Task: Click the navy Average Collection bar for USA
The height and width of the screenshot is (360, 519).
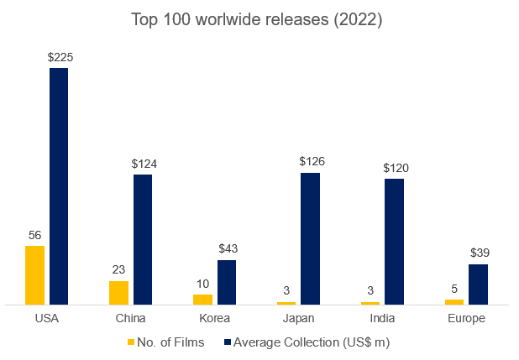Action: pyautogui.click(x=59, y=186)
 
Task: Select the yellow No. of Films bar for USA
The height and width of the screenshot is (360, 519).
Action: pyautogui.click(x=34, y=275)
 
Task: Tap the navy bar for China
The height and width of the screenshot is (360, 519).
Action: pyautogui.click(x=143, y=239)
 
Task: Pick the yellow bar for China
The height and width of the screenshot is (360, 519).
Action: pyautogui.click(x=118, y=293)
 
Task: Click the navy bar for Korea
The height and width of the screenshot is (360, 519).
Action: pyautogui.click(x=227, y=282)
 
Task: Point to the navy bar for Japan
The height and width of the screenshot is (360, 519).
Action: pyautogui.click(x=311, y=238)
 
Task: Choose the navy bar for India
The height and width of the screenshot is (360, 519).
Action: pyautogui.click(x=395, y=242)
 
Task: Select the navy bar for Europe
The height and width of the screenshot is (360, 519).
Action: pyautogui.click(x=478, y=284)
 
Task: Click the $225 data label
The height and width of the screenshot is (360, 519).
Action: pyautogui.click(x=60, y=57)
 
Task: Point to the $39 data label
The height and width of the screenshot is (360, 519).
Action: pyautogui.click(x=479, y=253)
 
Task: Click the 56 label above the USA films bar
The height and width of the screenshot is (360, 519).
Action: pyautogui.click(x=34, y=235)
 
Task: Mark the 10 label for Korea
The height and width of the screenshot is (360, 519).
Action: pyautogui.click(x=202, y=284)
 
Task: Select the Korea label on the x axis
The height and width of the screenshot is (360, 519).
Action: pyautogui.click(x=215, y=318)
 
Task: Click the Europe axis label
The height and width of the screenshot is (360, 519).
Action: pyautogui.click(x=466, y=318)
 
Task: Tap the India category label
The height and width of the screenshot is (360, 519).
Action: pyautogui.click(x=383, y=318)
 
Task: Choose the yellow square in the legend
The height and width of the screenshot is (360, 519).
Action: pyautogui.click(x=130, y=342)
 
